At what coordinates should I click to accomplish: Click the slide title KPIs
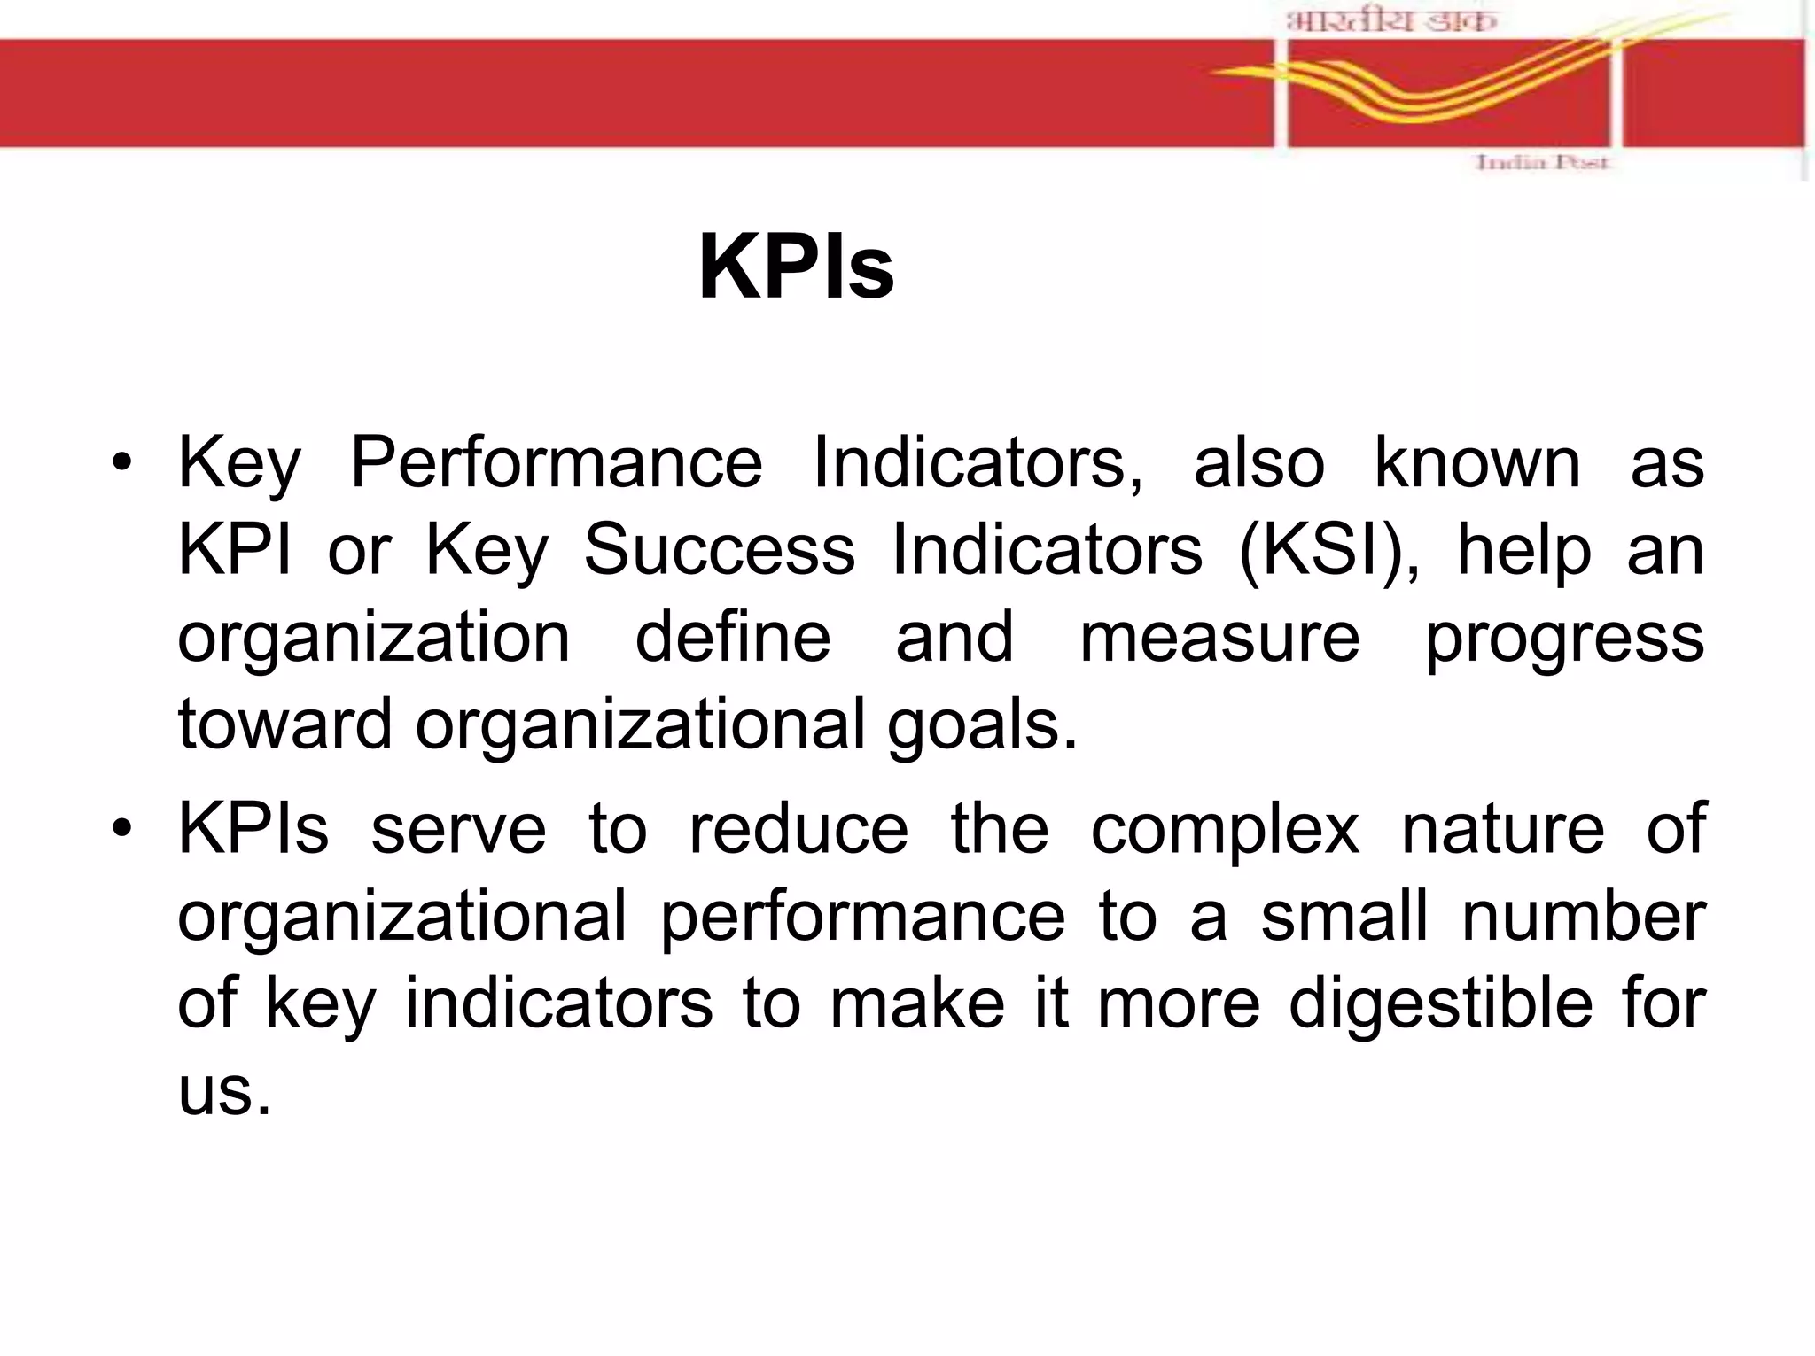click(796, 267)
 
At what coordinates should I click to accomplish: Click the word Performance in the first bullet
click(556, 462)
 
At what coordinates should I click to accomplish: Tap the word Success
click(719, 550)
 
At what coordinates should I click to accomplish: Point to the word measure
click(1219, 638)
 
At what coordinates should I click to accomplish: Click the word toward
click(284, 724)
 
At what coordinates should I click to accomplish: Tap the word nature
click(1502, 829)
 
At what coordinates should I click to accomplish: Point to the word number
click(1583, 916)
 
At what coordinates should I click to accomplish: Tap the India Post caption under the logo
click(1541, 163)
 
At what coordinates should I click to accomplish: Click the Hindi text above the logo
click(1390, 19)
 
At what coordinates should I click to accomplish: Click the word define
click(733, 638)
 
